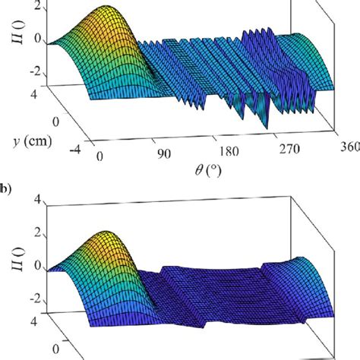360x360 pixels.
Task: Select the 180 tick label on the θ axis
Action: pyautogui.click(x=231, y=154)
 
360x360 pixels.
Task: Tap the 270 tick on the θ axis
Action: pyautogui.click(x=295, y=154)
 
